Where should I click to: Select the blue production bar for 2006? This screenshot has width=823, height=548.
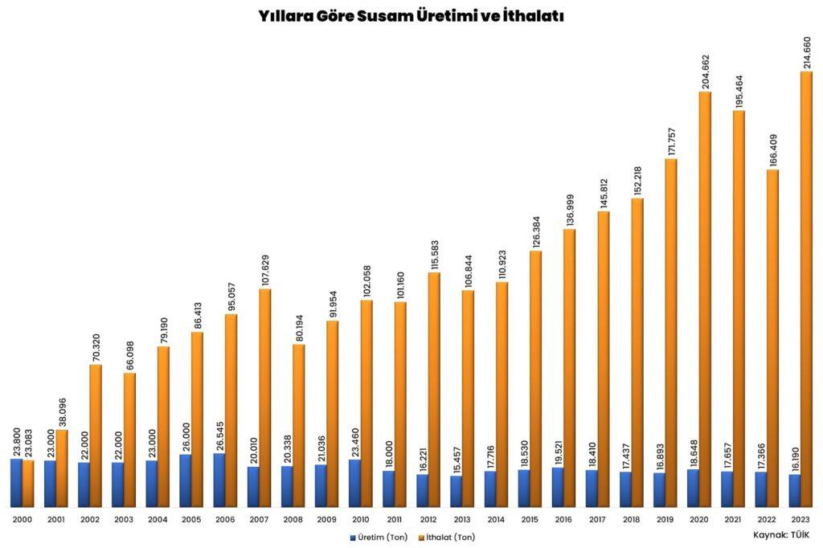pyautogui.click(x=219, y=481)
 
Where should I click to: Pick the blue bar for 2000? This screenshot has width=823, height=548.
pyautogui.click(x=16, y=483)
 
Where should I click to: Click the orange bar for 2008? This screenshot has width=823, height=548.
pyautogui.click(x=299, y=426)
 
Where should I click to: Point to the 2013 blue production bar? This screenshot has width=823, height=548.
pyautogui.click(x=456, y=491)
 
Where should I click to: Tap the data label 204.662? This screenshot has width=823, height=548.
pyautogui.click(x=706, y=72)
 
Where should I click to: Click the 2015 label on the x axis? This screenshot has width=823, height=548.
pyautogui.click(x=529, y=520)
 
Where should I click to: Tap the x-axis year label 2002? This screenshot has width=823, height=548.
pyautogui.click(x=89, y=520)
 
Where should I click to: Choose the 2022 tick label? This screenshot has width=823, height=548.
pyautogui.click(x=766, y=520)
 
